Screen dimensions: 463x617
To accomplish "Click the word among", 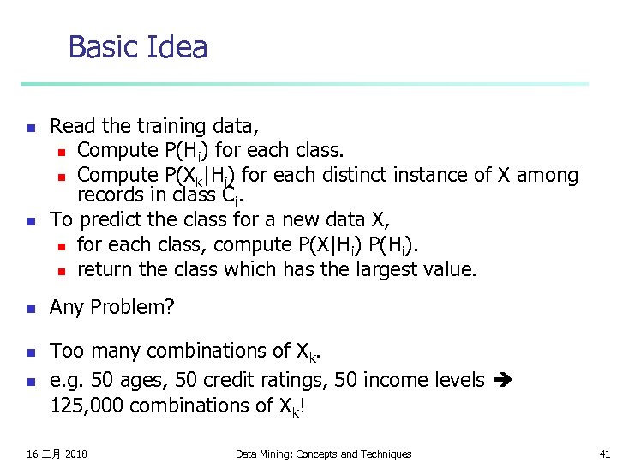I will tap(545, 175).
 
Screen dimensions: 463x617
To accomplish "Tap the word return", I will tap(105, 269).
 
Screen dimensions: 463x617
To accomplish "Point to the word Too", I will tap(67, 351).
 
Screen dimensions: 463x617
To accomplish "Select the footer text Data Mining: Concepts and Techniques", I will tap(323, 454).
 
